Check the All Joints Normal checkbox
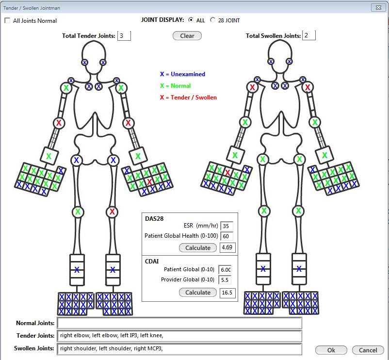click(7, 21)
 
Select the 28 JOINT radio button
click(212, 20)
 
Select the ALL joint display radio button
click(191, 20)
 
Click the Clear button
click(187, 36)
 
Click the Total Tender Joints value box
click(124, 36)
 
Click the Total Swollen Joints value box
click(308, 35)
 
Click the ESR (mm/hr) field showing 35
click(227, 226)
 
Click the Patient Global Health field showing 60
click(227, 236)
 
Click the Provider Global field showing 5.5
click(226, 280)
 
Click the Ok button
click(331, 350)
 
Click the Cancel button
click(368, 350)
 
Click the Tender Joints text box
click(179, 336)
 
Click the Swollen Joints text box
click(179, 348)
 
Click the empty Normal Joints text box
click(179, 323)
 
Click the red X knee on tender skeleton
click(113, 212)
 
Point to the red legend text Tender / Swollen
click(188, 98)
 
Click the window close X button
click(377, 8)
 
